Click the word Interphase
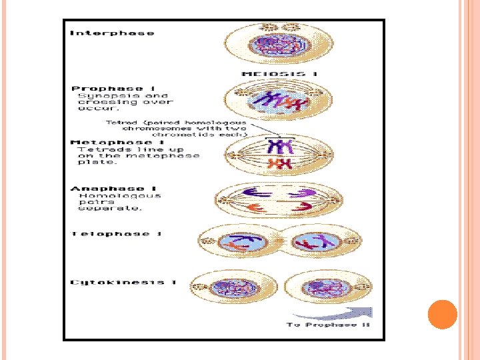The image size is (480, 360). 112,33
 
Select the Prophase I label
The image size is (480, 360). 107,89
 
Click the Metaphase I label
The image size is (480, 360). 117,142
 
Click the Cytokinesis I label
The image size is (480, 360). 122,283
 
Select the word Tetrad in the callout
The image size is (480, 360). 120,123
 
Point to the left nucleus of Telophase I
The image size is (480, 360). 241,241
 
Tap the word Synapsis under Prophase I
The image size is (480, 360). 99,96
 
